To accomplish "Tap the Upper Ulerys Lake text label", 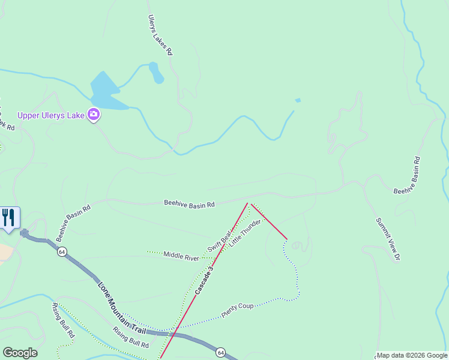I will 50,115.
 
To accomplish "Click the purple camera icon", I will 93,114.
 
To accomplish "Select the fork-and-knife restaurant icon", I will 8,217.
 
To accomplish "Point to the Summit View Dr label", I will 388,239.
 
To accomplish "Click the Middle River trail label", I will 181,257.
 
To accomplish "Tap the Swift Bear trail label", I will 220,240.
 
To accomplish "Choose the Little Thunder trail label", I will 246,232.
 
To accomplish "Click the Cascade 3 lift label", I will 204,278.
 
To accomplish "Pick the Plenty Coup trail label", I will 238,310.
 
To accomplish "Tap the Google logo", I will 20,353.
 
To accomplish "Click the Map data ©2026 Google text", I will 412,355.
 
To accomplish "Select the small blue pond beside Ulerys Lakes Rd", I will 156,73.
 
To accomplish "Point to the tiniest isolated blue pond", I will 298,100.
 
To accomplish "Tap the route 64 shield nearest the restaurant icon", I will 62,252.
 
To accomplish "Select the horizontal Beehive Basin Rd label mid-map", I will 189,204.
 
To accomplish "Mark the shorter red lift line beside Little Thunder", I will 269,221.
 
